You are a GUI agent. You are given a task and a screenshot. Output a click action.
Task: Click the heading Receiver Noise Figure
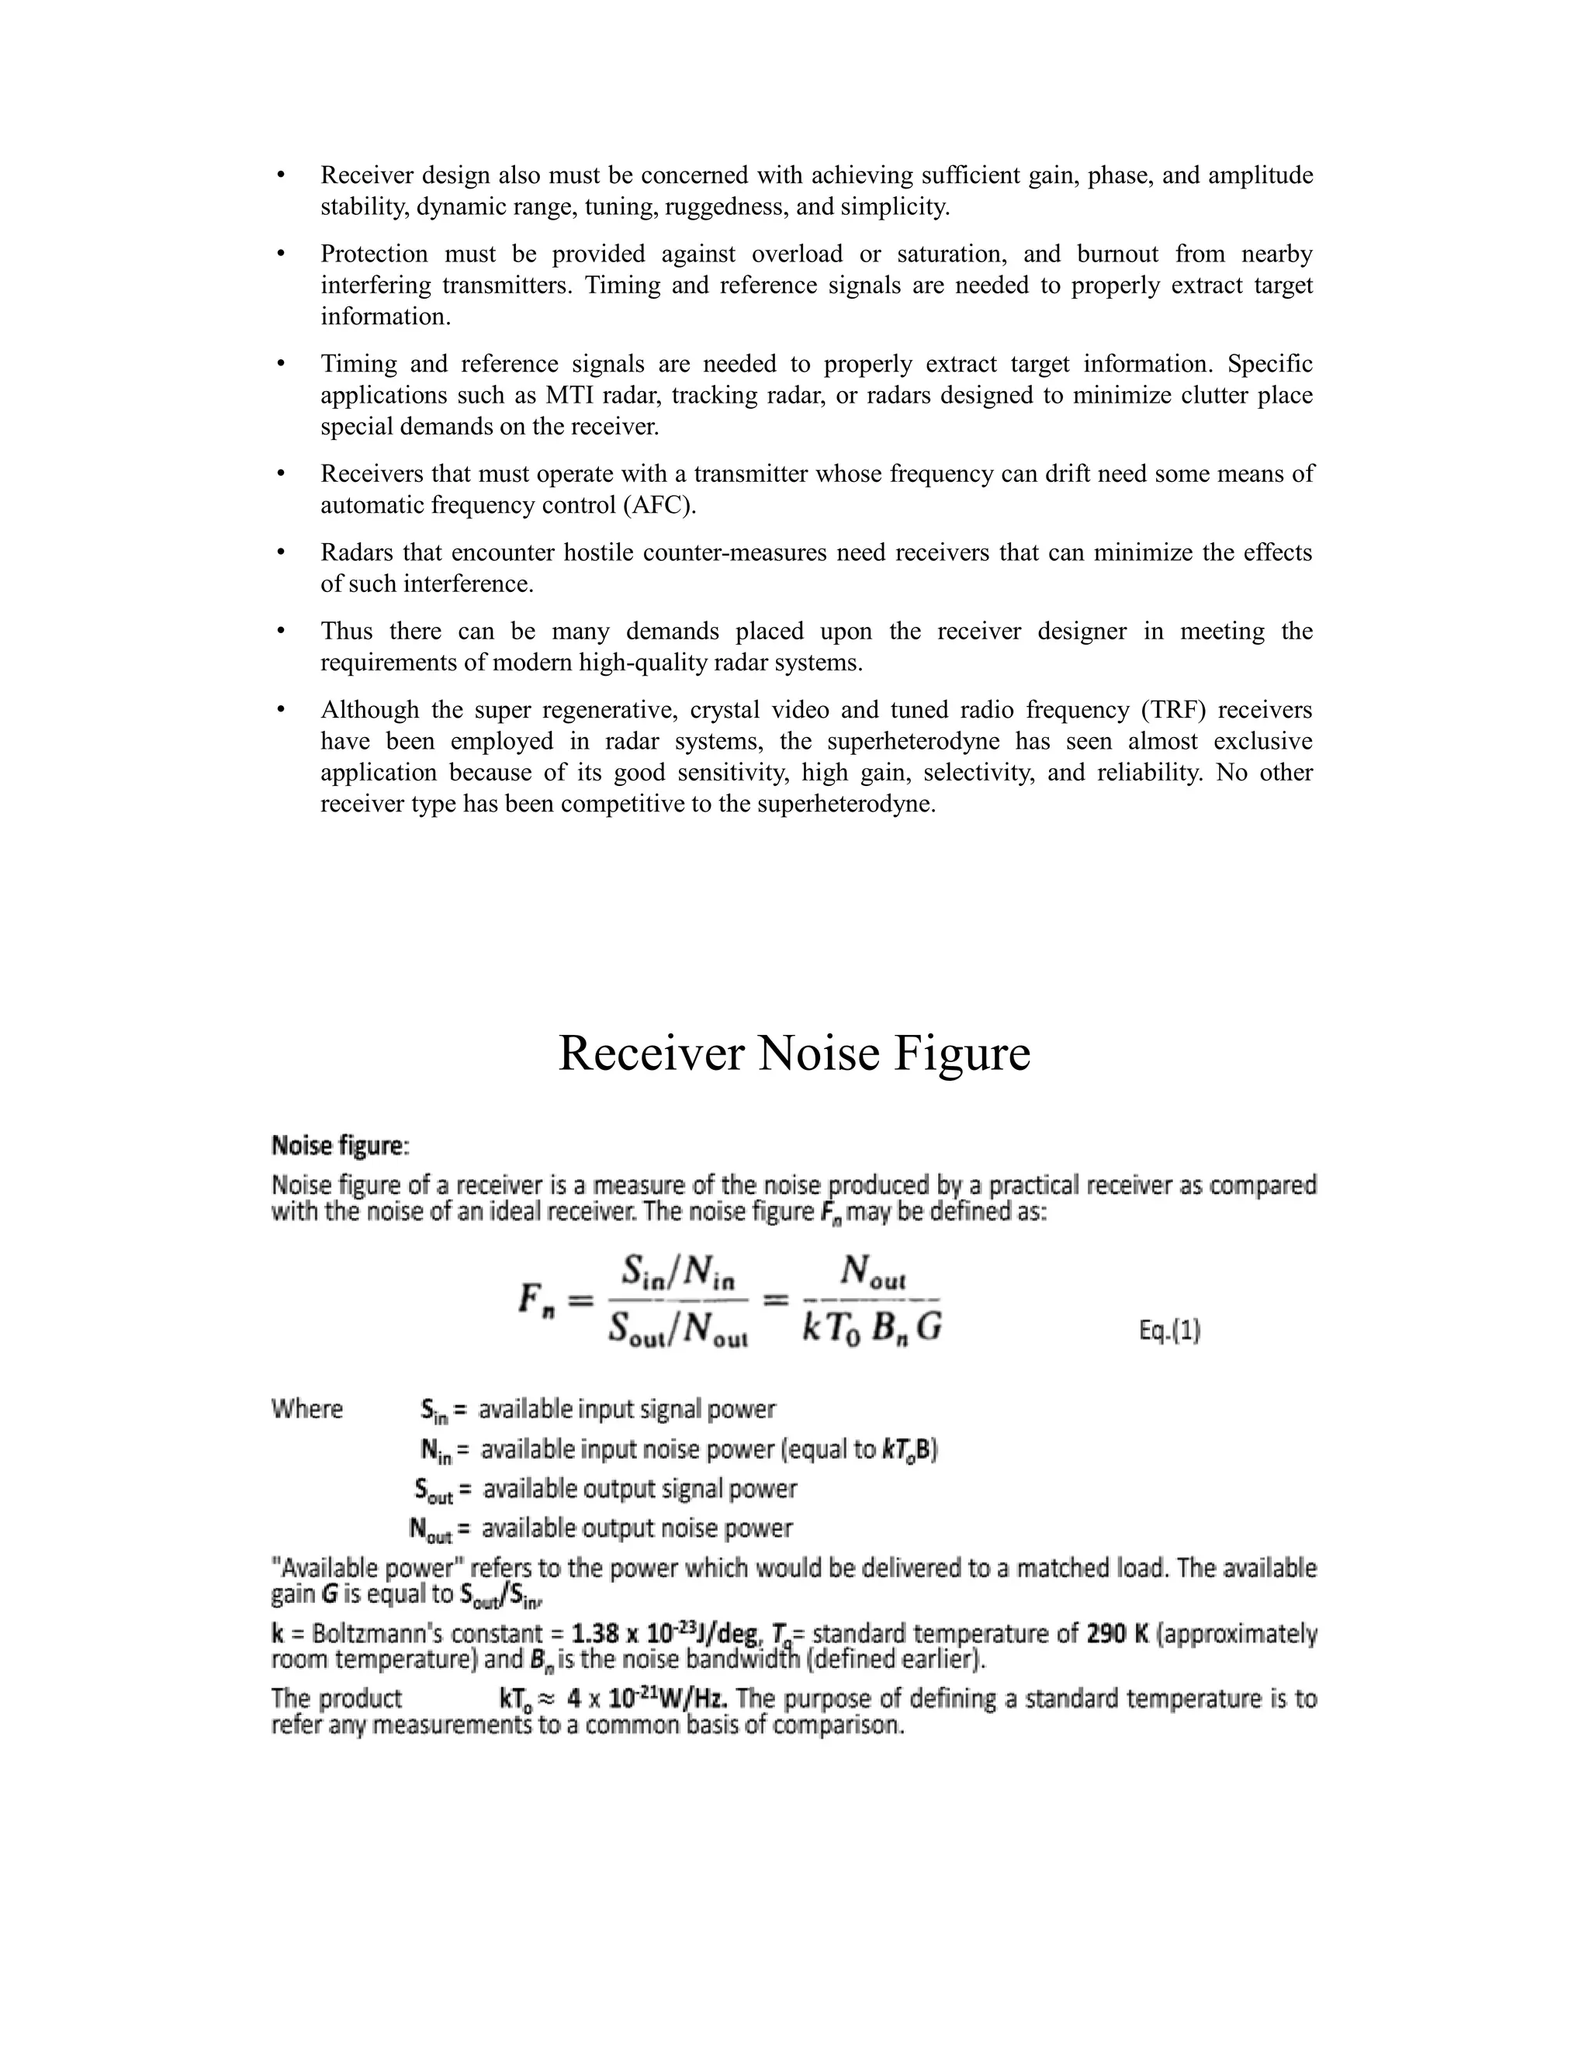(794, 1053)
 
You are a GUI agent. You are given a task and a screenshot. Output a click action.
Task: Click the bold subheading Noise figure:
(340, 1146)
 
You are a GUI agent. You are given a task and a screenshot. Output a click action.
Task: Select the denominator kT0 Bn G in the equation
(871, 1327)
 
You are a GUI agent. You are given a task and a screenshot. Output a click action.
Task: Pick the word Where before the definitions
(307, 1409)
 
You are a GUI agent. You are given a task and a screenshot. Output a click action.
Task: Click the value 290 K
(1117, 1633)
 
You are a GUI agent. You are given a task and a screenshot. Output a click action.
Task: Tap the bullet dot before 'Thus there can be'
(281, 631)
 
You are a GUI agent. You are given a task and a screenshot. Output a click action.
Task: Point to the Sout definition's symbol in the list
(434, 1490)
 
